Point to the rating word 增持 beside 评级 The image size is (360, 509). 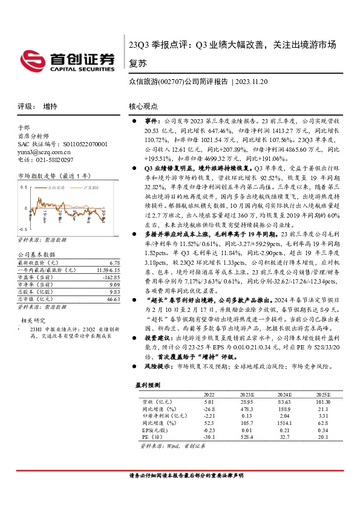click(x=51, y=106)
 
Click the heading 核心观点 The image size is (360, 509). click(x=143, y=106)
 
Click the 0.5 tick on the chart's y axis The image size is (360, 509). click(x=24, y=187)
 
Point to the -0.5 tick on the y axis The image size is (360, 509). click(x=23, y=230)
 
